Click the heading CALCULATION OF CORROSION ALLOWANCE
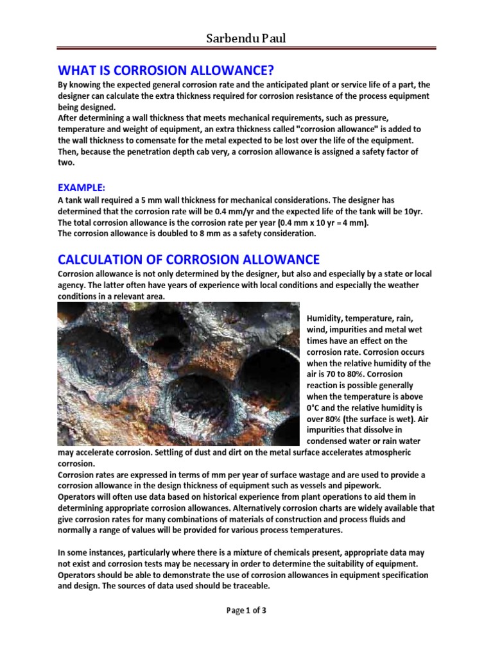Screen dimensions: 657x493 click(188, 259)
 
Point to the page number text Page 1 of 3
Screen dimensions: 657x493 click(246, 610)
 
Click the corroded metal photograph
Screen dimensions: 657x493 click(178, 374)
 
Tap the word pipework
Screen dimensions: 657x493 click(363, 486)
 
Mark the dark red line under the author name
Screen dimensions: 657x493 click(246, 47)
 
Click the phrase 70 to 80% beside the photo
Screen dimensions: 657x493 click(346, 375)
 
